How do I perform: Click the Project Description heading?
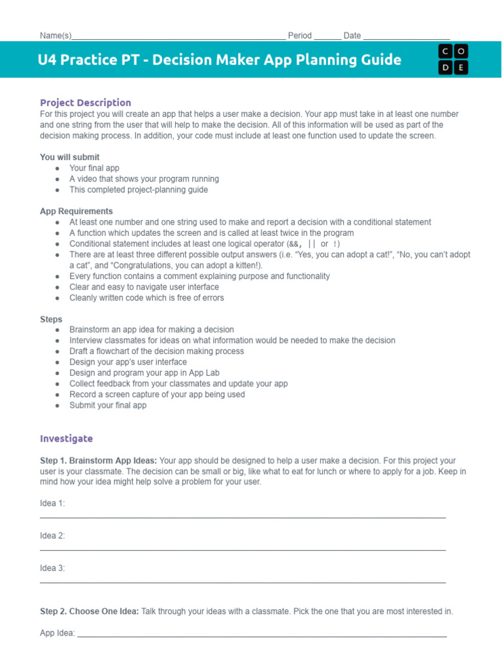[x=85, y=103]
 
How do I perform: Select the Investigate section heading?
[x=66, y=438]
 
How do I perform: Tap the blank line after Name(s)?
[x=178, y=36]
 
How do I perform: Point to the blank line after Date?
[x=406, y=36]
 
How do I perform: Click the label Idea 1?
[x=52, y=503]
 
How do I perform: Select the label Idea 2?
[x=52, y=536]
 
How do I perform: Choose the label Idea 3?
[x=52, y=568]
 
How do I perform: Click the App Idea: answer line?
[x=261, y=634]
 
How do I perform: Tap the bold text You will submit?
[x=70, y=157]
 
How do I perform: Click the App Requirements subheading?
[x=76, y=211]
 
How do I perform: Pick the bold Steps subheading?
[x=51, y=319]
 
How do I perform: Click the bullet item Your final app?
[x=94, y=168]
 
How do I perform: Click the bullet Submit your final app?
[x=108, y=405]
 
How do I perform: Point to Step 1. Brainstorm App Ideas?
[x=98, y=461]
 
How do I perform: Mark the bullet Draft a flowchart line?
[x=156, y=351]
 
